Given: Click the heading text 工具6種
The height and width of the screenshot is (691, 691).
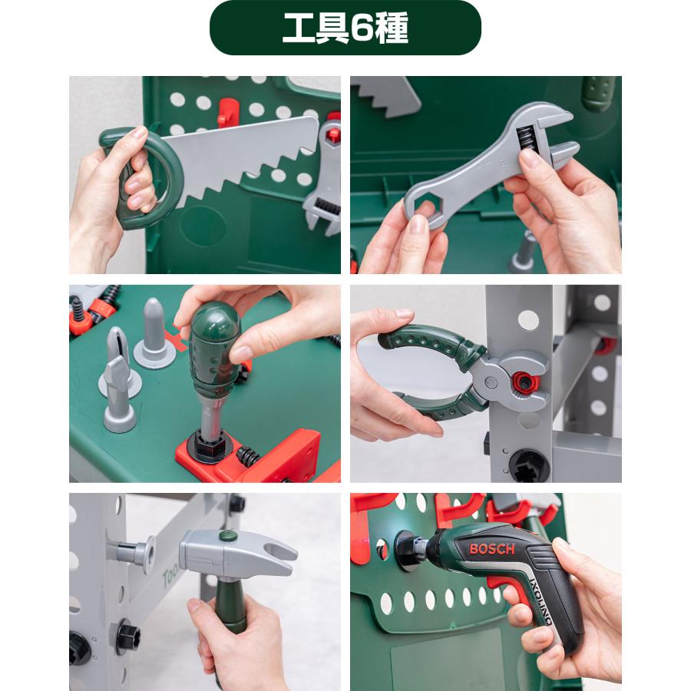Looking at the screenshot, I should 345,28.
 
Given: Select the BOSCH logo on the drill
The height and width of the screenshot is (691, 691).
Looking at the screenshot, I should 492,550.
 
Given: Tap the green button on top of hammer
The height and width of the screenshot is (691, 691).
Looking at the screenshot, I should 226,536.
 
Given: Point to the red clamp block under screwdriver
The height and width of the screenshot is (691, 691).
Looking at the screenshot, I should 288,453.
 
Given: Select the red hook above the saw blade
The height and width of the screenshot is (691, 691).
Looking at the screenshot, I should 226,112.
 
